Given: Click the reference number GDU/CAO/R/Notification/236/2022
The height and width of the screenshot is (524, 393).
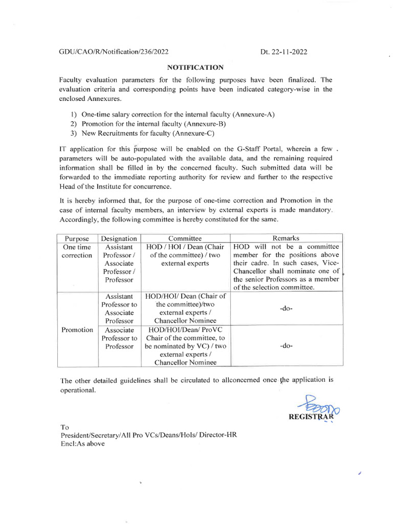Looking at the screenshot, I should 114,52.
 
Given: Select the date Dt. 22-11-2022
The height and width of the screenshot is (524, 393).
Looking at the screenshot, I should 284,52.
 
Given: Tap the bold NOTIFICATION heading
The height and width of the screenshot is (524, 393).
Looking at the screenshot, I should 195,67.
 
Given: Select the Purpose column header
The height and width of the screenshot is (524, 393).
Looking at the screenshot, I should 77,238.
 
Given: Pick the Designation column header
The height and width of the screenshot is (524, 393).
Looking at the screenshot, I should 119,238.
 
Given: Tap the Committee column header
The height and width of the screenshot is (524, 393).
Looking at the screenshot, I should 185,238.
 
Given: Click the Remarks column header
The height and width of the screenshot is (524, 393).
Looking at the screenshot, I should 286,238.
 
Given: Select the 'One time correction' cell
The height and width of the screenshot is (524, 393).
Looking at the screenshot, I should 77,251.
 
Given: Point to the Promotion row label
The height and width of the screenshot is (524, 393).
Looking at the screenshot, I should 77,330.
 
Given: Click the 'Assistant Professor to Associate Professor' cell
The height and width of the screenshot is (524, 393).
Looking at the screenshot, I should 119,309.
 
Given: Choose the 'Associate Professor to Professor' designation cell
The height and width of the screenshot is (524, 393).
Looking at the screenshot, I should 119,338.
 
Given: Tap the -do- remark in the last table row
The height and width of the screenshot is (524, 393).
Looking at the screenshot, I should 286,346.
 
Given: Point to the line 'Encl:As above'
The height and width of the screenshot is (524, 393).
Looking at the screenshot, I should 82,444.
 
